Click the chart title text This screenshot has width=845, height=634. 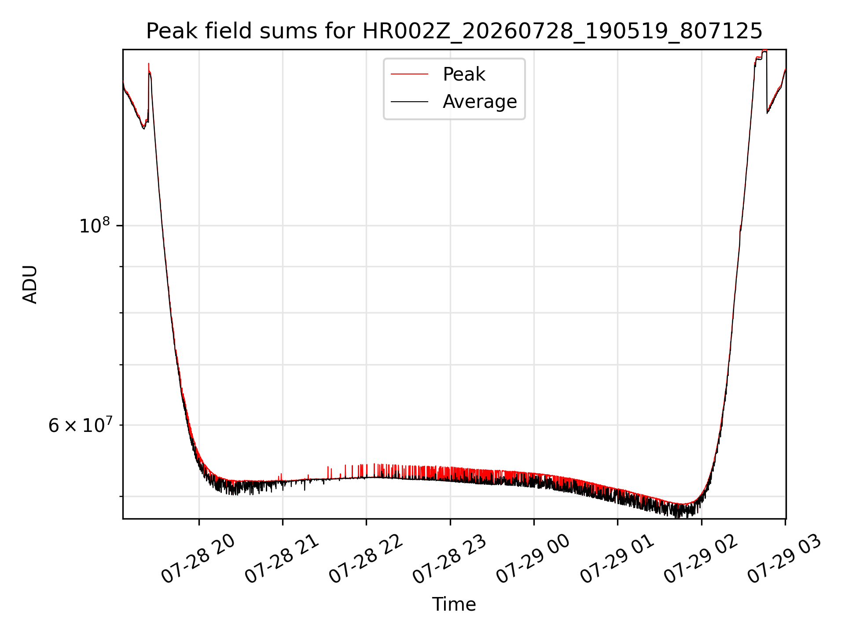tap(454, 31)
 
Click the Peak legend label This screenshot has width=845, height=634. tap(464, 74)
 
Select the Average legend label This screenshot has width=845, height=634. tap(480, 102)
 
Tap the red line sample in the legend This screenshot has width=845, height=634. tap(409, 74)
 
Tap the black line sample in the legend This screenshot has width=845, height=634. tap(409, 102)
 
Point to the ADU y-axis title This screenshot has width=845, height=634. tap(30, 284)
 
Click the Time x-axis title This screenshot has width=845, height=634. tap(454, 605)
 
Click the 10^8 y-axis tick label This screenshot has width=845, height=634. tap(95, 225)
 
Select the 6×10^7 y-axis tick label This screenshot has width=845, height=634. tap(81, 425)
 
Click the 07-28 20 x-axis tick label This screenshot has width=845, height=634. tap(198, 559)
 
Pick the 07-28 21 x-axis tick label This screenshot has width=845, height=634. tap(282, 559)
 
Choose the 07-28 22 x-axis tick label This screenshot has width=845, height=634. tap(366, 559)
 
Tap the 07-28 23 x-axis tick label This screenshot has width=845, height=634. tap(449, 559)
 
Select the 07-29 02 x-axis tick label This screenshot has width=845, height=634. tap(701, 559)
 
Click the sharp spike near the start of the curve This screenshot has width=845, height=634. tap(149, 64)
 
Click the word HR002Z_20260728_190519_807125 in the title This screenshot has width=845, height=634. tap(562, 31)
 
